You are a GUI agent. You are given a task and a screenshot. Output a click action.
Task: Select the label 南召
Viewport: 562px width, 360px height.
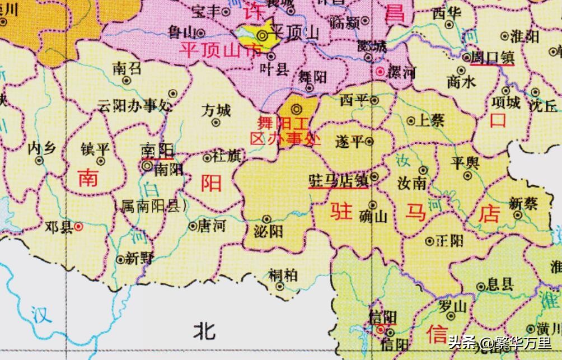point(127,69)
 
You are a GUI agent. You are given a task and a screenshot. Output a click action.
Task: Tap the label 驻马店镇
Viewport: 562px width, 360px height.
point(338,180)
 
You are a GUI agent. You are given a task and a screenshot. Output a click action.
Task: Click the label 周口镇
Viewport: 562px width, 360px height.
point(492,58)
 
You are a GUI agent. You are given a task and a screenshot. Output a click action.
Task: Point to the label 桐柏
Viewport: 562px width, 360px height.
point(283,275)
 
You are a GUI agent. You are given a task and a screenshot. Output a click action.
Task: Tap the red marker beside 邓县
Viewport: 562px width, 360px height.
point(79,226)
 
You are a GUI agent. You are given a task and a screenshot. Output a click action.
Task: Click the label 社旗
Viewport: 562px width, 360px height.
point(226,157)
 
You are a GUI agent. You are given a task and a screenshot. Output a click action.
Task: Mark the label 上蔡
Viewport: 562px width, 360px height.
point(429,120)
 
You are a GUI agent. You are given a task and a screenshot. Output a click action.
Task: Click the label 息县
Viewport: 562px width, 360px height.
point(499,283)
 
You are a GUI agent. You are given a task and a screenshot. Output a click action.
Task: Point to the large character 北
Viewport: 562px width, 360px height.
point(204,330)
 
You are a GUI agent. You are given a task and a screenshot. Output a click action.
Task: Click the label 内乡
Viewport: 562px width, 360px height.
point(42,148)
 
